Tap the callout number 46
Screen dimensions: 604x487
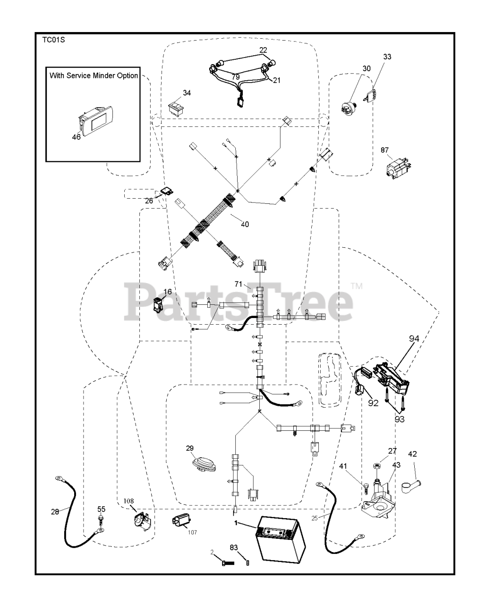(x=76, y=137)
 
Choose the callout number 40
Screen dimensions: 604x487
(x=245, y=224)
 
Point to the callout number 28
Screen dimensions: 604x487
(x=55, y=512)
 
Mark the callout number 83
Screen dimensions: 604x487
(x=234, y=547)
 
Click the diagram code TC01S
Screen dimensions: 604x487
(x=53, y=40)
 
